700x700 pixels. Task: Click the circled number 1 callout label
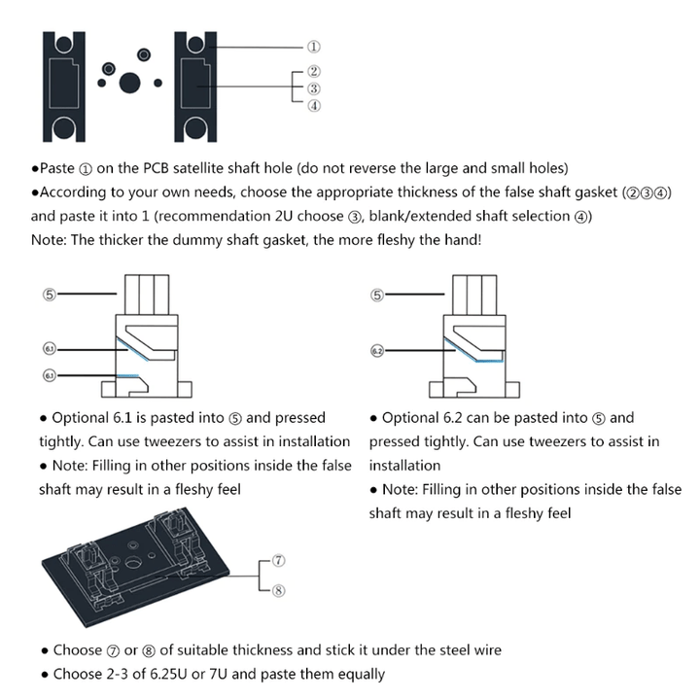coord(314,46)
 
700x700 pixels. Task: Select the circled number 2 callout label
coord(314,71)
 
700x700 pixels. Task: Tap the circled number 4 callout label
coord(314,106)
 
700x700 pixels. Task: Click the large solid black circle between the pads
coord(130,82)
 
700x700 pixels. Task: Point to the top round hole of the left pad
coord(62,43)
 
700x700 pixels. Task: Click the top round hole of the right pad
coord(194,43)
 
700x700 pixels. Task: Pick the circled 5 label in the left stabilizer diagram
coord(50,294)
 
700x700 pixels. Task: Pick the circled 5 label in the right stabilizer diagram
coord(378,294)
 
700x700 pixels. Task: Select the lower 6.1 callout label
coord(50,374)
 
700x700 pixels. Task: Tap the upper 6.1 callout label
coord(50,347)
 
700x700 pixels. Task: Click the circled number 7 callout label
coord(278,561)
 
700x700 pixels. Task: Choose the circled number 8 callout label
coord(278,588)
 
